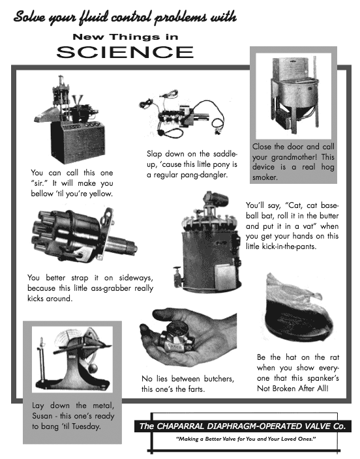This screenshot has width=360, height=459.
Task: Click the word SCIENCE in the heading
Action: point(125,52)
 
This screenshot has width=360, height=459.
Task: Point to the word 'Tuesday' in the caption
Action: point(86,426)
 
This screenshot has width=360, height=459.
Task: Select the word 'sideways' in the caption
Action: point(136,278)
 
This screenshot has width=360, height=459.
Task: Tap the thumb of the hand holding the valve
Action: point(166,315)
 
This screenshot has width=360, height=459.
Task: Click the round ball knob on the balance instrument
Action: point(93,368)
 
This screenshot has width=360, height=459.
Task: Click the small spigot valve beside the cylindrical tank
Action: point(177,276)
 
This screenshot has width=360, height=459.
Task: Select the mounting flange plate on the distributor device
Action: point(106,233)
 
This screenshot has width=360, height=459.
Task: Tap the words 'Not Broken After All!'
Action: point(293,389)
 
